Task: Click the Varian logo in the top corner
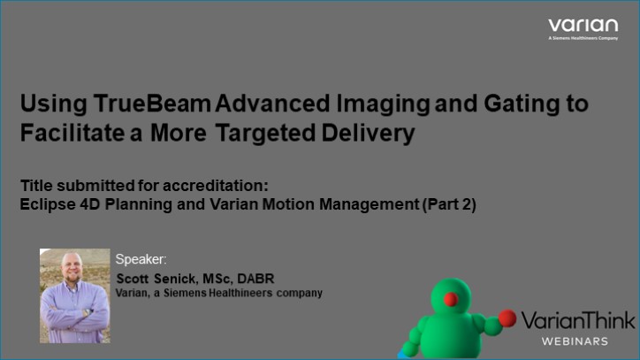tap(583, 27)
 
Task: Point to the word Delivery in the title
tap(370, 135)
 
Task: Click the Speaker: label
tap(141, 259)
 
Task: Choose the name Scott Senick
tap(156, 280)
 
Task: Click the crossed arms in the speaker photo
tap(74, 311)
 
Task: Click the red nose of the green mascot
tap(450, 299)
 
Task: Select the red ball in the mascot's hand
tap(507, 317)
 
